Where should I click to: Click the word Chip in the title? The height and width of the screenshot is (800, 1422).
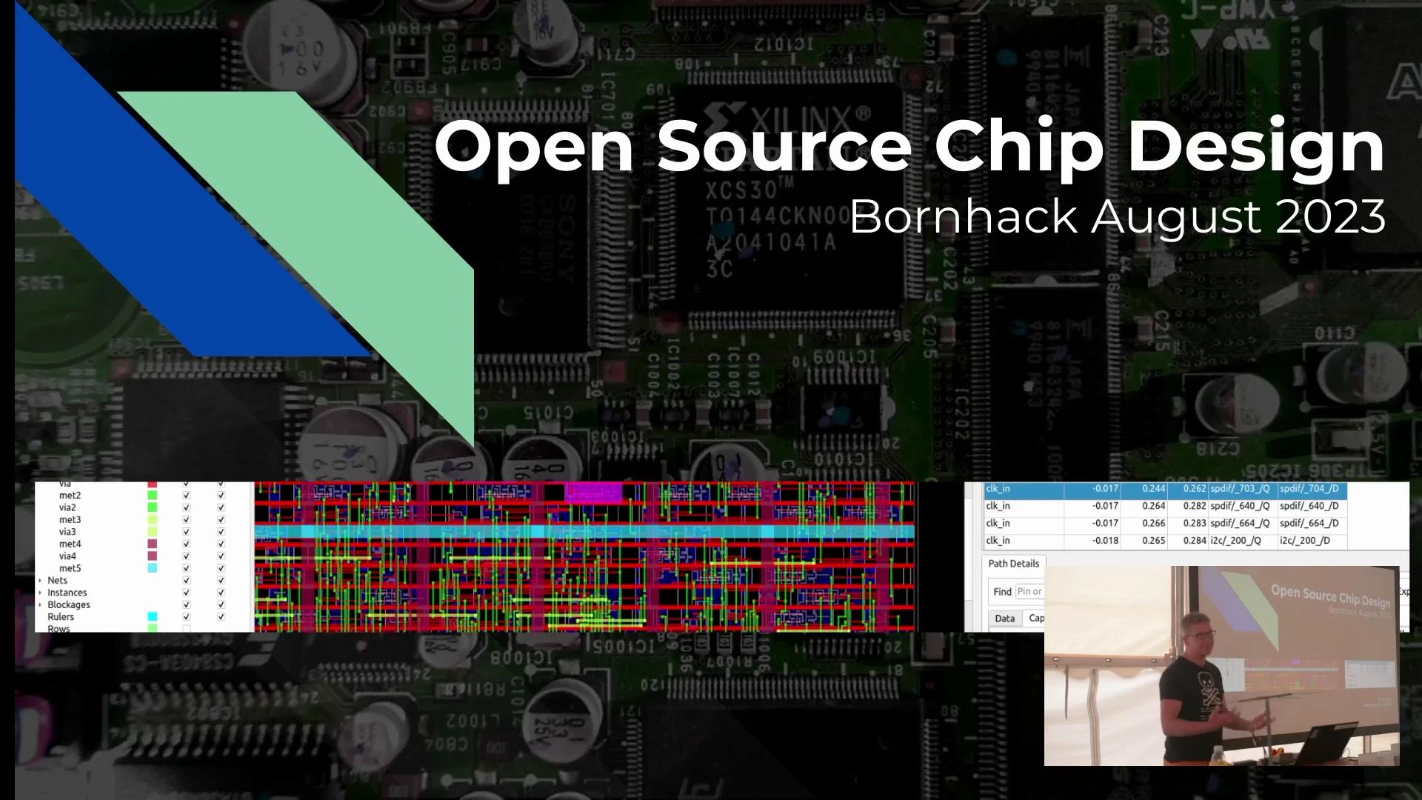click(x=1019, y=148)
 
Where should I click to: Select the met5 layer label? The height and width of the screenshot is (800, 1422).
click(x=70, y=568)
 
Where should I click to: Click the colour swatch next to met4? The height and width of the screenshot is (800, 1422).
click(x=153, y=544)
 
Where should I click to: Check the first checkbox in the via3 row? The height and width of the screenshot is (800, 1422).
click(x=187, y=532)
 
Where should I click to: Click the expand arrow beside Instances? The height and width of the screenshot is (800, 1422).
click(x=40, y=593)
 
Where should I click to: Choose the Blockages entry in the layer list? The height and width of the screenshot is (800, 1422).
click(x=69, y=604)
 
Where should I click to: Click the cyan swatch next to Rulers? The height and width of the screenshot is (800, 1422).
click(x=153, y=616)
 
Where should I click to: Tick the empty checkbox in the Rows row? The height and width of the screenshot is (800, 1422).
click(x=187, y=629)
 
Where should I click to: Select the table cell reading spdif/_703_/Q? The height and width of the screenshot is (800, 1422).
click(x=1240, y=489)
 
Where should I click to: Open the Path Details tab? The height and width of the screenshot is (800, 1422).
click(x=1013, y=564)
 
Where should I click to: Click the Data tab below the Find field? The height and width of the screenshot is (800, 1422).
click(x=1005, y=619)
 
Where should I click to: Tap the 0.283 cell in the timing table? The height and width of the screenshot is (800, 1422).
click(x=1194, y=524)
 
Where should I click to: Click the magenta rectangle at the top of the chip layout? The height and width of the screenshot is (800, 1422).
click(x=594, y=492)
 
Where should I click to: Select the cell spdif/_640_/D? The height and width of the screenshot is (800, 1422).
click(x=1309, y=507)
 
